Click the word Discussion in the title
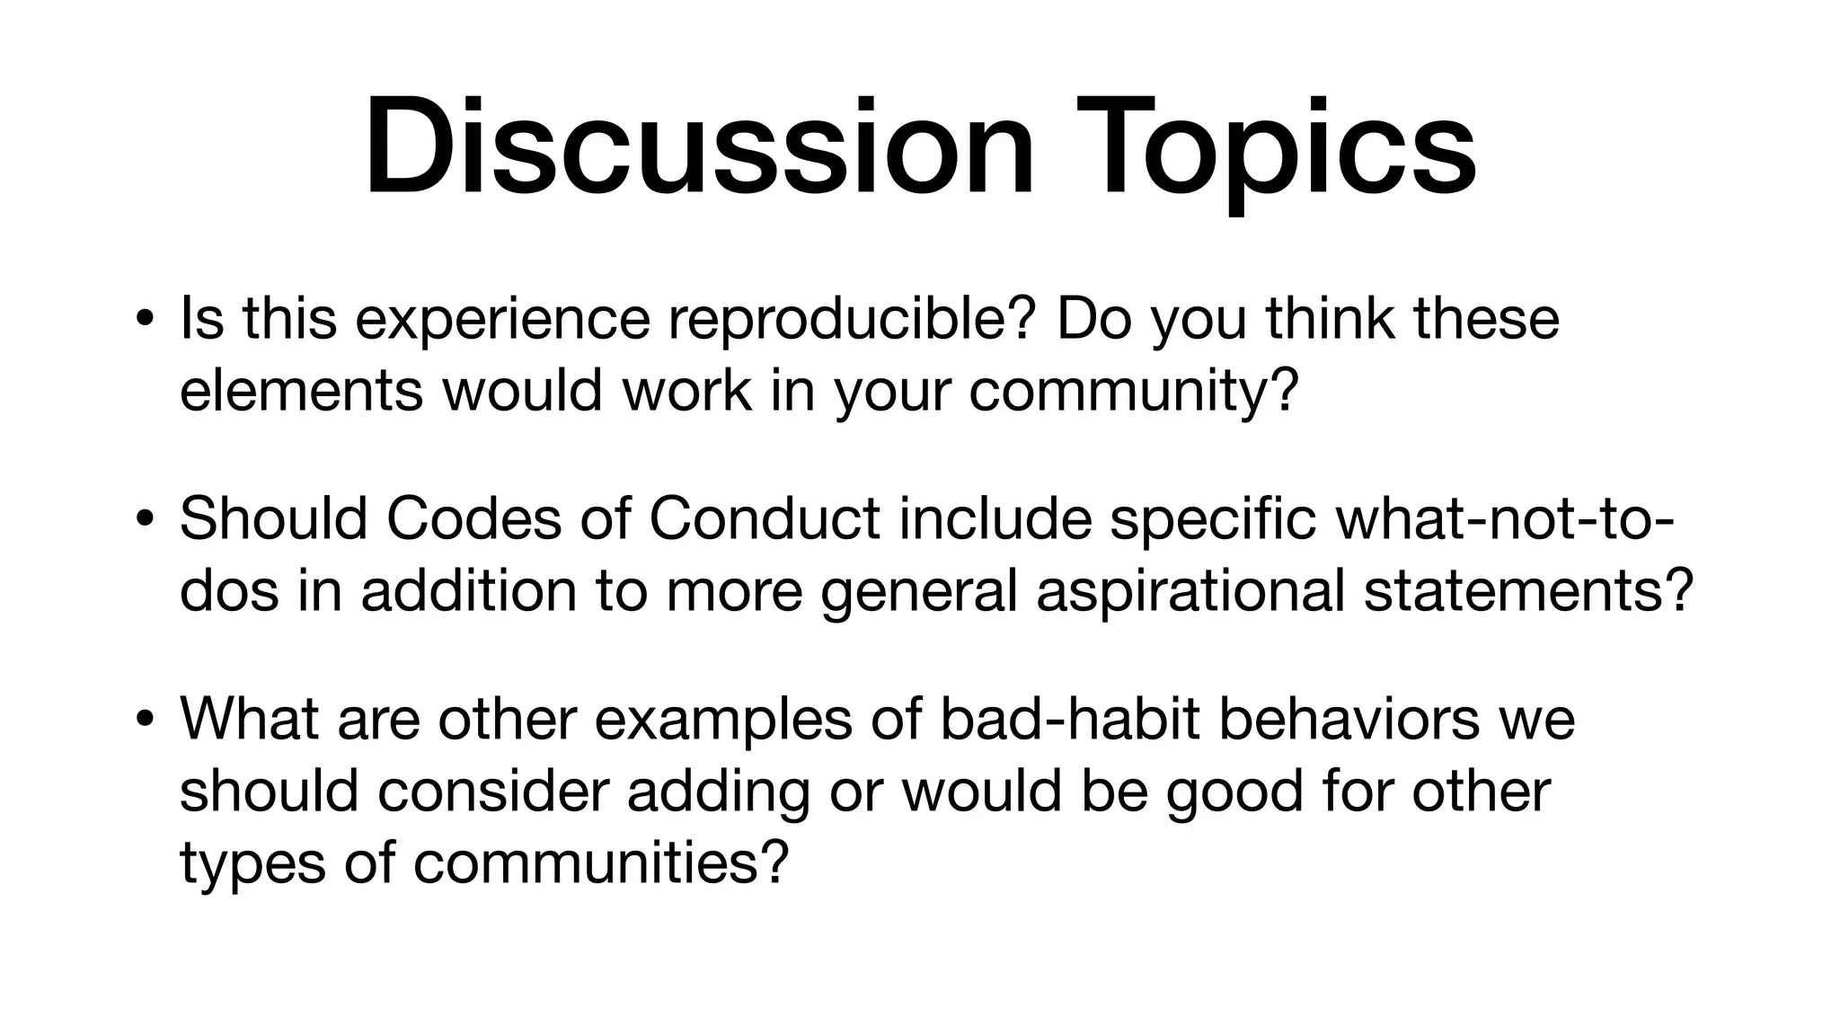point(700,146)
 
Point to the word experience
point(502,320)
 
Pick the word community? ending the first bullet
point(1134,392)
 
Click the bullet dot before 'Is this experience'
point(143,319)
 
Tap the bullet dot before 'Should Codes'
point(143,520)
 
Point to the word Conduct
point(765,518)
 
